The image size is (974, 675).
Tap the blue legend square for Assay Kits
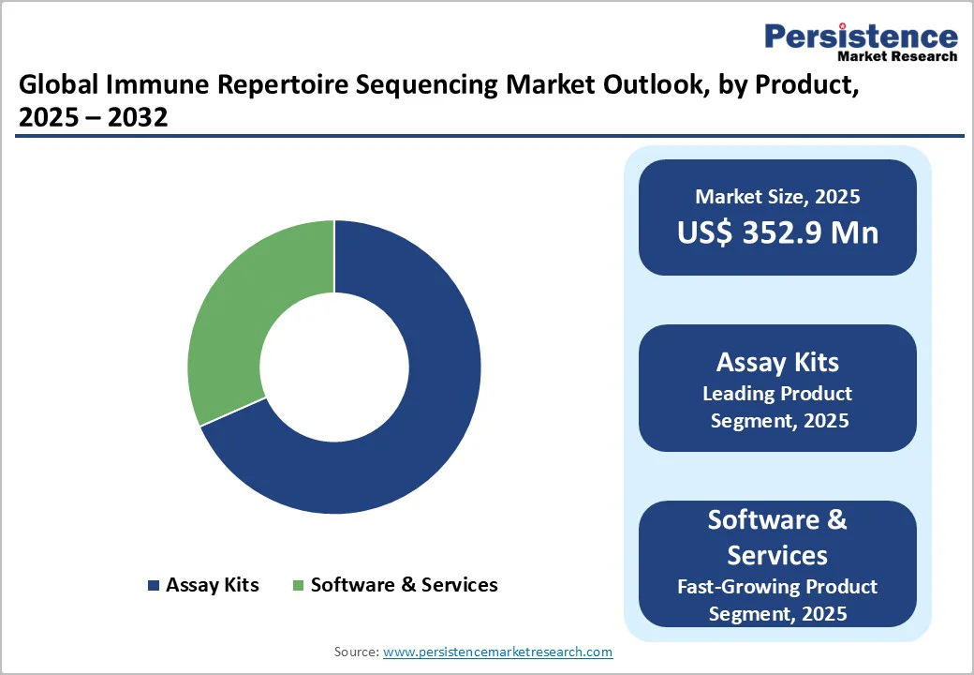point(154,586)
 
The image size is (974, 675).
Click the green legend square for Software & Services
point(298,586)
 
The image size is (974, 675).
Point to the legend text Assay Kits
point(212,585)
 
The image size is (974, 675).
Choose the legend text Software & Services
point(404,585)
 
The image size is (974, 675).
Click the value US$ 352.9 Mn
point(777,232)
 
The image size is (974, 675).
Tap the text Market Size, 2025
point(777,197)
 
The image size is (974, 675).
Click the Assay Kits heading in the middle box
point(777,362)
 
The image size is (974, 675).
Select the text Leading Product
point(777,393)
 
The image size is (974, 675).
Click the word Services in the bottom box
point(777,555)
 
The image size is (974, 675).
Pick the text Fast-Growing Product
point(777,587)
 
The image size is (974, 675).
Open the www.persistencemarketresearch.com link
point(497,652)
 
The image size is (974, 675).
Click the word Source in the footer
point(356,652)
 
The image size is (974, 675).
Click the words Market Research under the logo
point(896,56)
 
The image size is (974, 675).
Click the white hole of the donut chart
point(334,367)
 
